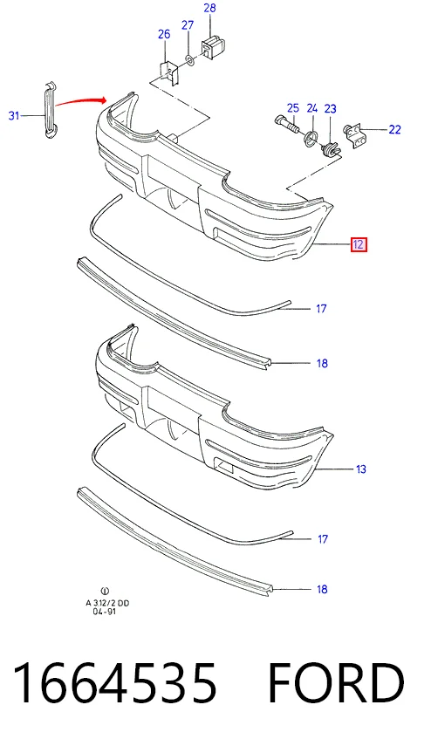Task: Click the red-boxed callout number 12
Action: pyautogui.click(x=359, y=244)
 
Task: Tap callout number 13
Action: pyautogui.click(x=361, y=469)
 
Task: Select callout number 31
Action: pyautogui.click(x=14, y=115)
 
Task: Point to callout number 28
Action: pyautogui.click(x=209, y=8)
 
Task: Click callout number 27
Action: pyautogui.click(x=188, y=25)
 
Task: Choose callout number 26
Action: pyautogui.click(x=164, y=34)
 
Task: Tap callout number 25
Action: pyautogui.click(x=292, y=108)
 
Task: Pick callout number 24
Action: pyautogui.click(x=311, y=108)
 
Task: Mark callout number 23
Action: pyautogui.click(x=330, y=109)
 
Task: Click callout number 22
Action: pyautogui.click(x=395, y=129)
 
